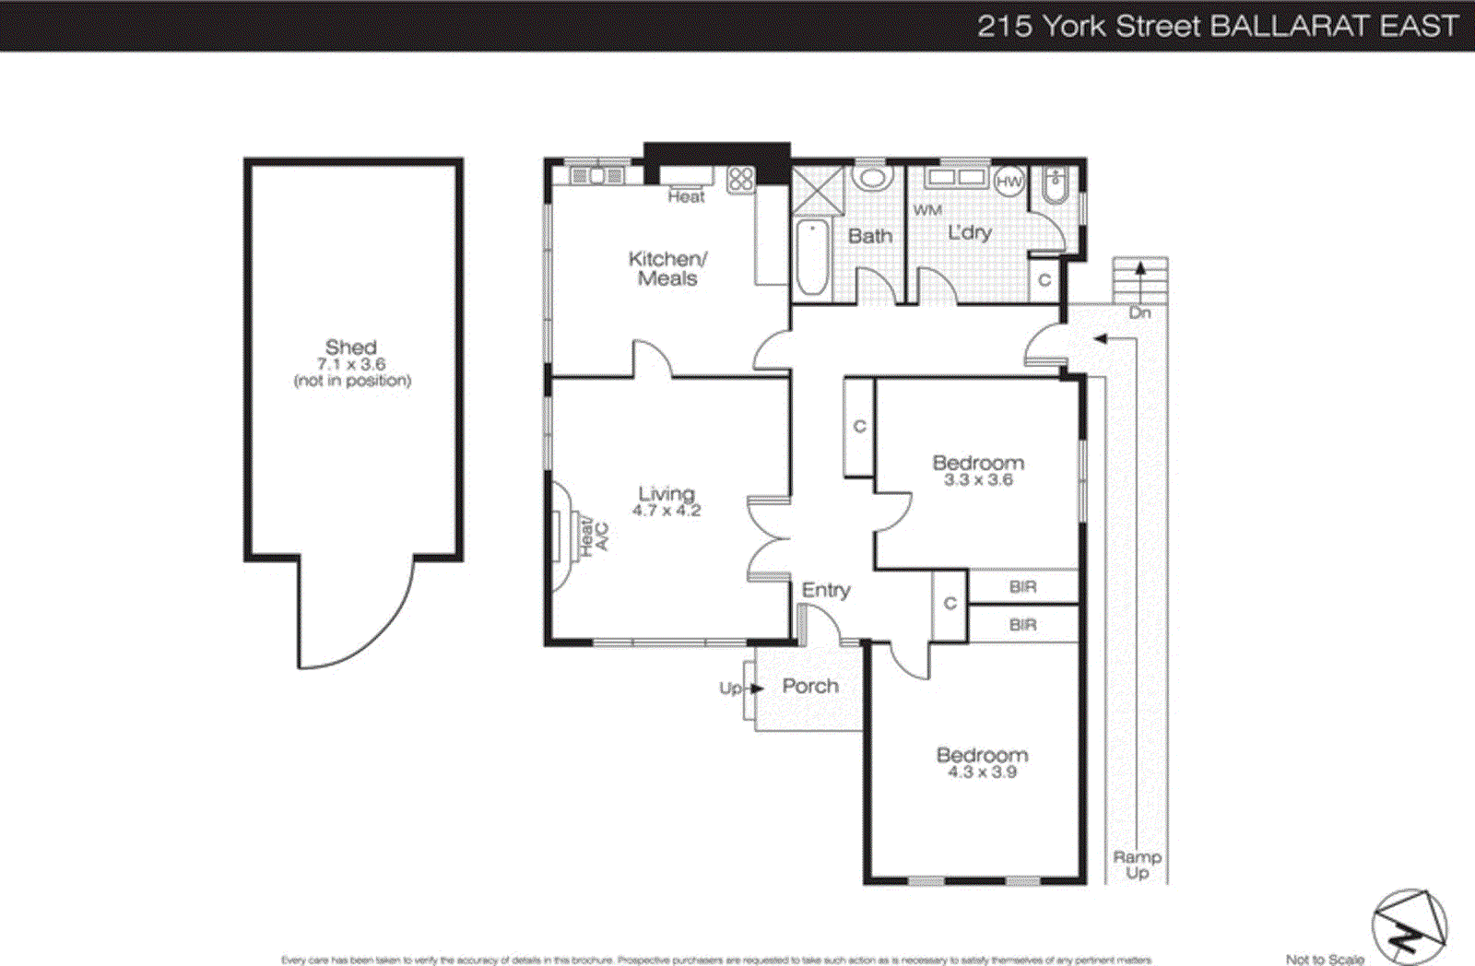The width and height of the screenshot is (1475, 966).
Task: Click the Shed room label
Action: pos(350,348)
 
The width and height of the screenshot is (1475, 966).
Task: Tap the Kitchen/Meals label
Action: pos(667,268)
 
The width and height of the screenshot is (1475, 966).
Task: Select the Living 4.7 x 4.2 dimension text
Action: pos(667,511)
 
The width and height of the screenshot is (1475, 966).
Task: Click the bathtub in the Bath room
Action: pos(812,256)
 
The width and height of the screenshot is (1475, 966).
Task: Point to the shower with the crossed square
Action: pos(818,189)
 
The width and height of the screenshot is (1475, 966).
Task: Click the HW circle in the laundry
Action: pos(1009,182)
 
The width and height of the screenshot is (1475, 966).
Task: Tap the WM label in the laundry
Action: pos(927,210)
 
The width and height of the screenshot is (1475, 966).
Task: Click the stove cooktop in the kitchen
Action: pos(740,179)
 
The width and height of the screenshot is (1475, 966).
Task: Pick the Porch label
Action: pos(810,686)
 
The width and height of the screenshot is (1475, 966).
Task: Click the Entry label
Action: pos(826,590)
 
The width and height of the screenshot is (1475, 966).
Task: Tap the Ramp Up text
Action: pos(1137,865)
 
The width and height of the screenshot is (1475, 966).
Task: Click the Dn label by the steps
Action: pos(1140,312)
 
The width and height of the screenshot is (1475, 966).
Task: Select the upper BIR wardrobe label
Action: pos(1022,586)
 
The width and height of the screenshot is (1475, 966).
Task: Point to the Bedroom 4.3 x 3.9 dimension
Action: pos(982,772)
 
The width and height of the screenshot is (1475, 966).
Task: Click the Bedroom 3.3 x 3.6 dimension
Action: pos(978,480)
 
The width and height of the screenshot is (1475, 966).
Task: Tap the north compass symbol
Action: pos(1409,926)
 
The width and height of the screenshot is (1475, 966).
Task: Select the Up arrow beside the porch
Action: pos(757,688)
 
